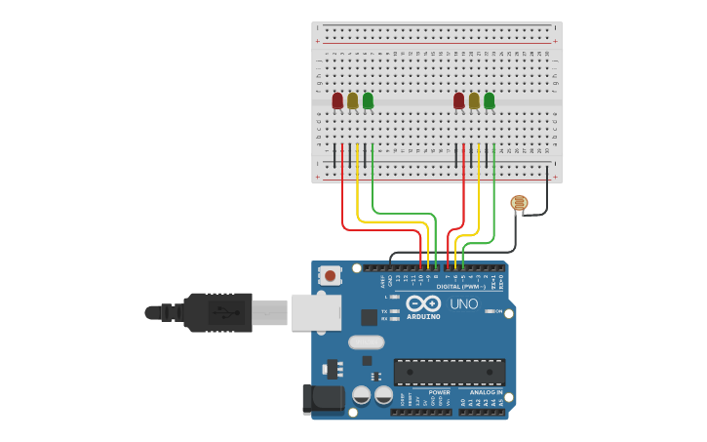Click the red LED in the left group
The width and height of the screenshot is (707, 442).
337,100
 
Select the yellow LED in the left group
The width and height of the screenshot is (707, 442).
353,100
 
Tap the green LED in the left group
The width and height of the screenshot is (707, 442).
368,100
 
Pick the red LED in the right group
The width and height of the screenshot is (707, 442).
459,100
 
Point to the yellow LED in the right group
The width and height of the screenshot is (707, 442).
474,100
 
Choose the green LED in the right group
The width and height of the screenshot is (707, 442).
489,100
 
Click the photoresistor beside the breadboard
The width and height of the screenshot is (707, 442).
519,203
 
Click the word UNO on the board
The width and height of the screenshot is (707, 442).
464,303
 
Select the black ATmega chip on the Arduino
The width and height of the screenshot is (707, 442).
450,371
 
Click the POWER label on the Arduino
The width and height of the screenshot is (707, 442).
439,392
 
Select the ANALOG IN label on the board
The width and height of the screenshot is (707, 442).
486,392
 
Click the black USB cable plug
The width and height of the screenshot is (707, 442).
219,312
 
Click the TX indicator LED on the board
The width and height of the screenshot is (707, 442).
394,310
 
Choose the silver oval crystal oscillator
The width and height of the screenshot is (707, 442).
366,342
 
